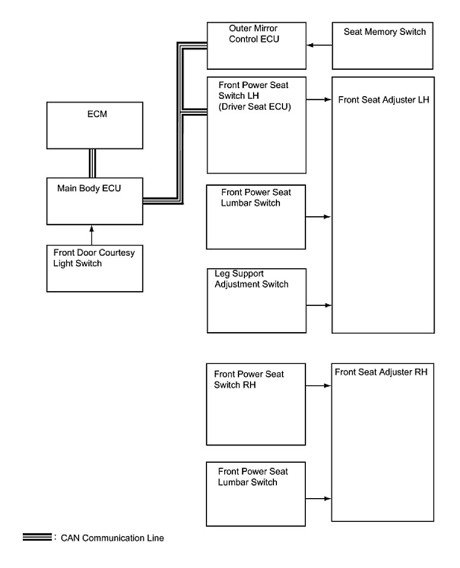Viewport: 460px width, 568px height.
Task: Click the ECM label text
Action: (x=97, y=114)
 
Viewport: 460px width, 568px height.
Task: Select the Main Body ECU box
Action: (x=94, y=201)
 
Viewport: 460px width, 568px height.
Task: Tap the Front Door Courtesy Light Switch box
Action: (x=94, y=268)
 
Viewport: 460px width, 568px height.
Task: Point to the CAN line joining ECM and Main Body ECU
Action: (x=92, y=163)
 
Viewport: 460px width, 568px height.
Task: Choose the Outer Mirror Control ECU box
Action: (x=256, y=46)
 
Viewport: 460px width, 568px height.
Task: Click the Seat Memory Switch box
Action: (x=383, y=46)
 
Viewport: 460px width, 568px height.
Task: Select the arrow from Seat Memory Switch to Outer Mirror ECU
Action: (x=319, y=46)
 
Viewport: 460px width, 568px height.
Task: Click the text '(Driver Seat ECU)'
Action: (x=255, y=106)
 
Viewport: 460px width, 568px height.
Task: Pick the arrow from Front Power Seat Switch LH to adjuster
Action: (x=319, y=100)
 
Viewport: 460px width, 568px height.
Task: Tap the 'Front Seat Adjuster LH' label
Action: (x=383, y=100)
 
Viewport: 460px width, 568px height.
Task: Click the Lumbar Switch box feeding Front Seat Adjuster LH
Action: (x=256, y=217)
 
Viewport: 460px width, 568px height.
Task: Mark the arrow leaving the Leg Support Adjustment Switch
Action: (x=319, y=305)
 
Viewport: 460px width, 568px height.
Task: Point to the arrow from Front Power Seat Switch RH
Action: (x=319, y=385)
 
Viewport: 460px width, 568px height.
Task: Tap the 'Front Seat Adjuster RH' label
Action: (x=381, y=372)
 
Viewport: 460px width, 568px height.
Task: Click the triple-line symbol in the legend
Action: (x=37, y=537)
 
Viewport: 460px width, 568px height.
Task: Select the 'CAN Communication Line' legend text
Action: (x=112, y=538)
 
